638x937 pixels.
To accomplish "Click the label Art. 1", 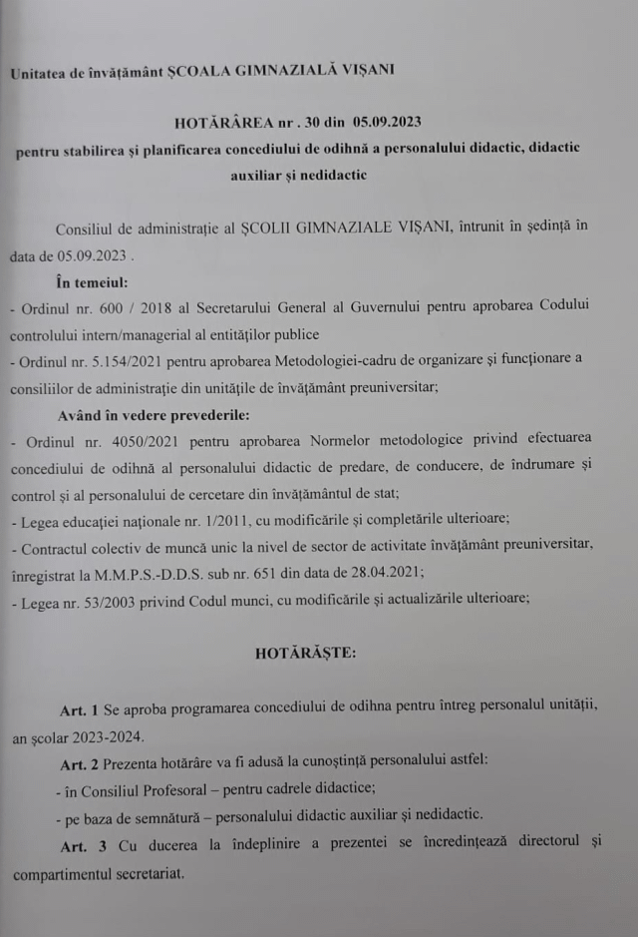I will pyautogui.click(x=79, y=707).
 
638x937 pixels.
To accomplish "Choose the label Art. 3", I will pyautogui.click(x=79, y=843).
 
